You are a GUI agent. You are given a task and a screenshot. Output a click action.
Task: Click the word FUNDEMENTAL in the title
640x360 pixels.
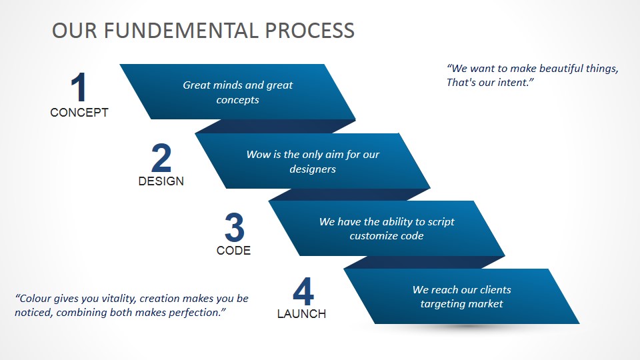point(181,31)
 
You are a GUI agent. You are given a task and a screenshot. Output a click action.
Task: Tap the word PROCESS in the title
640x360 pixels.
point(310,31)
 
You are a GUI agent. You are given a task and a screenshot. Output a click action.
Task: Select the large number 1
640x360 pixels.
point(79,87)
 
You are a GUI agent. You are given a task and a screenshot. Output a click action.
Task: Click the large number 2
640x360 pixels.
point(161,158)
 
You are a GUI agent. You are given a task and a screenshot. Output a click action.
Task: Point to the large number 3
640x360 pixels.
point(234,227)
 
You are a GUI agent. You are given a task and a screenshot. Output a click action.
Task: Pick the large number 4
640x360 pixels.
point(303,291)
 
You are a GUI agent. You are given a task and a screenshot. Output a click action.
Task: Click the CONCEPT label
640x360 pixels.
point(79,113)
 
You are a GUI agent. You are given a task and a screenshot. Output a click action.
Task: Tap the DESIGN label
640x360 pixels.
point(161,181)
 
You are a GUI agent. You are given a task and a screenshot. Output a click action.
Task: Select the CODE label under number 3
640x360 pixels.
point(233,250)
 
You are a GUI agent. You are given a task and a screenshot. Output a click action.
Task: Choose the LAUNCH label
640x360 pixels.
point(301,314)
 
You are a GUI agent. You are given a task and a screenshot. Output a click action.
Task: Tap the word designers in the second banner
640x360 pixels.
point(313,169)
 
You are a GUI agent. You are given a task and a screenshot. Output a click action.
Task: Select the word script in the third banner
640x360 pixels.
point(441,221)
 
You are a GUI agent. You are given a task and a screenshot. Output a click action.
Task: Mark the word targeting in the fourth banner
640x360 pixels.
point(441,304)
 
